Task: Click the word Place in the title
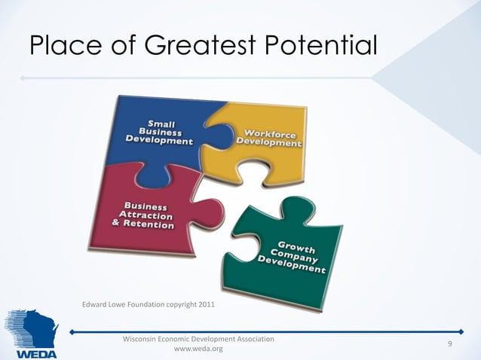click(x=62, y=46)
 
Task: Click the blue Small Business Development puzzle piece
click(x=155, y=136)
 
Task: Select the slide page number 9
click(x=449, y=344)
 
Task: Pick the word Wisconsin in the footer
click(x=142, y=339)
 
